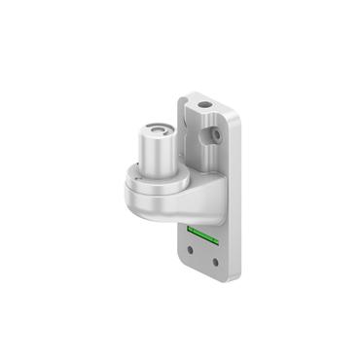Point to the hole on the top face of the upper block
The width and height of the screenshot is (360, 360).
click(x=205, y=101)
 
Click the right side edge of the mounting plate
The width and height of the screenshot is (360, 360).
click(x=236, y=195)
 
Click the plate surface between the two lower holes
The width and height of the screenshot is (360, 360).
click(x=204, y=257)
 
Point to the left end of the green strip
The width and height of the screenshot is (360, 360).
click(x=191, y=230)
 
